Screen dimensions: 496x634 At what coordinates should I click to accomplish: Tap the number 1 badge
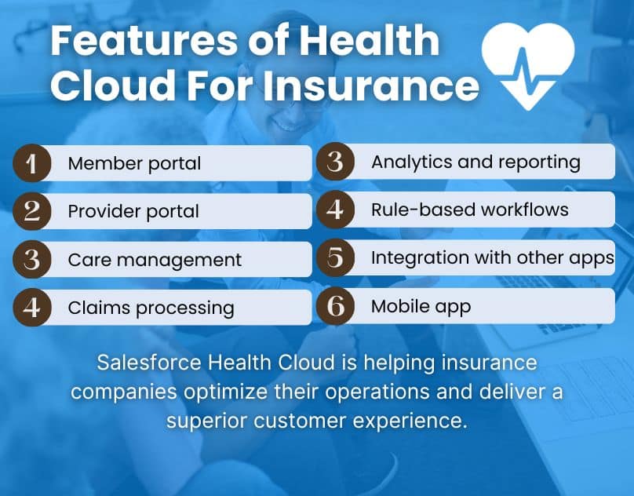(x=32, y=163)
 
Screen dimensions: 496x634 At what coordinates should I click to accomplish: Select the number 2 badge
(x=32, y=211)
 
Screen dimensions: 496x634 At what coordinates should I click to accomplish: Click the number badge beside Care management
(x=32, y=259)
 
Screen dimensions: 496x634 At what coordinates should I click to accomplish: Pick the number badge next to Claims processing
(x=32, y=307)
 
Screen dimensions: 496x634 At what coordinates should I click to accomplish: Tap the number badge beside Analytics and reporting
(x=335, y=162)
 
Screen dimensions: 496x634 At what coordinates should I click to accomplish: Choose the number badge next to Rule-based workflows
(x=335, y=210)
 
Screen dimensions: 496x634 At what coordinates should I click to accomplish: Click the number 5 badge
(x=335, y=258)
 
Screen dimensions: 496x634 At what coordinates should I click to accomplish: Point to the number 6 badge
(x=335, y=306)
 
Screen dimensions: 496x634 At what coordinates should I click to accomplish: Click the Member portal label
(x=134, y=163)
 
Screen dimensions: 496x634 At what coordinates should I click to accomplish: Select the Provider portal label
(x=133, y=211)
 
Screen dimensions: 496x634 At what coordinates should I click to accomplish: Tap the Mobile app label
(x=421, y=306)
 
